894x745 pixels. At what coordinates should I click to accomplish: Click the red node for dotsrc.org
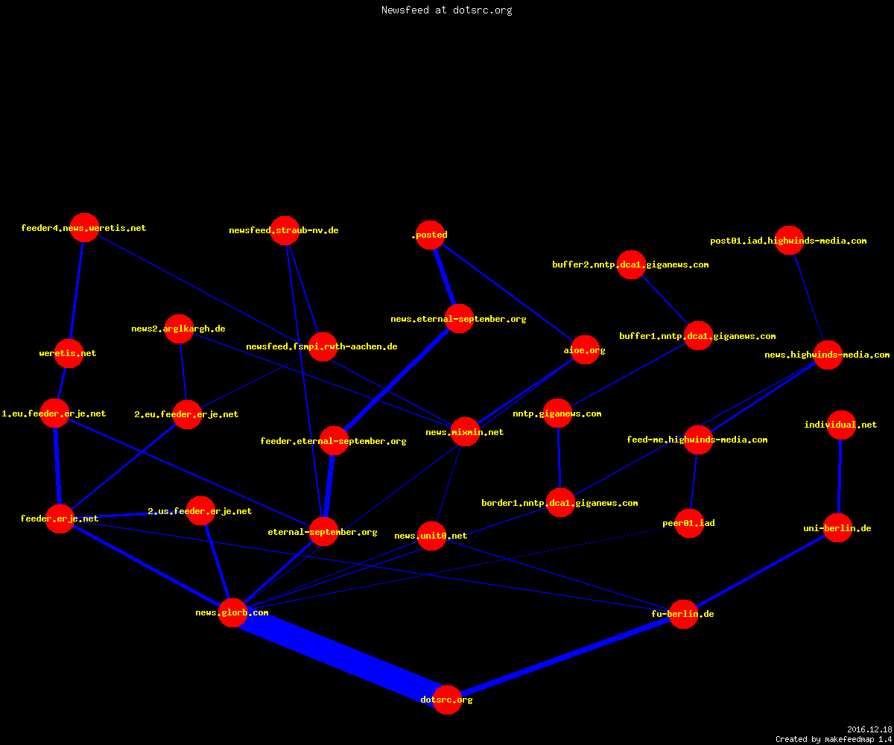[x=447, y=700]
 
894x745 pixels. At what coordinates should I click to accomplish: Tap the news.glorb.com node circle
[x=232, y=612]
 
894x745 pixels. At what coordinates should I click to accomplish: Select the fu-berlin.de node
[x=683, y=614]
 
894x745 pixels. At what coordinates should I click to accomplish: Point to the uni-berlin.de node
[x=837, y=528]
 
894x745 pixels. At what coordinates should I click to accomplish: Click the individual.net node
[x=841, y=425]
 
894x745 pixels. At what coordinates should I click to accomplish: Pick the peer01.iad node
[x=689, y=523]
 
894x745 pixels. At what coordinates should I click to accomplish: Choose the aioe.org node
[x=585, y=350]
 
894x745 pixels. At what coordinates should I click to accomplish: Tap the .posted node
[x=431, y=235]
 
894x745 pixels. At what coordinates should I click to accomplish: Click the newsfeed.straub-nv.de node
[x=285, y=230]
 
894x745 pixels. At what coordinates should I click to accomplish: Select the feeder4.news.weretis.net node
[x=84, y=227]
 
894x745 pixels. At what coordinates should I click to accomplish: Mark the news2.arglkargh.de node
[x=179, y=329]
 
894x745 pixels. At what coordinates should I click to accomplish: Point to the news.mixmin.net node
[x=466, y=431]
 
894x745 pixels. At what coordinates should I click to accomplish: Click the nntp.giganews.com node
[x=557, y=413]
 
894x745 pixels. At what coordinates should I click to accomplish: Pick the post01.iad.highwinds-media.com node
[x=789, y=240]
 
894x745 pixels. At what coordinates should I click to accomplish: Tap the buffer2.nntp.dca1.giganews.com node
[x=631, y=264]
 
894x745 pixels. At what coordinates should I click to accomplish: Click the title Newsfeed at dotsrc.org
[x=446, y=10]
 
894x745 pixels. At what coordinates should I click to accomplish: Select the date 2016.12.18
[x=869, y=729]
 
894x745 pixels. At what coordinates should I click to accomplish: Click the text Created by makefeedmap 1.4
[x=834, y=740]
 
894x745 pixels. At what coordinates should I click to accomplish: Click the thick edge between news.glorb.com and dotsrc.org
[x=340, y=656]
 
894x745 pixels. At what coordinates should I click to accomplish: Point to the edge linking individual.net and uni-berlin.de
[x=840, y=476]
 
